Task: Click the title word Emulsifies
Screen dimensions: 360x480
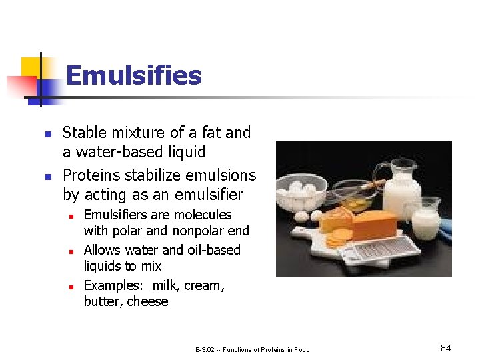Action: [133, 75]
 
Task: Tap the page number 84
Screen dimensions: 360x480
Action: [446, 348]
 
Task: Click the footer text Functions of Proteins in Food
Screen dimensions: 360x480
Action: [266, 349]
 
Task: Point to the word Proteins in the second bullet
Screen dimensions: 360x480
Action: [86, 175]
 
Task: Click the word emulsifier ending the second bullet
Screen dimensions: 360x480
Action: [210, 195]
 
